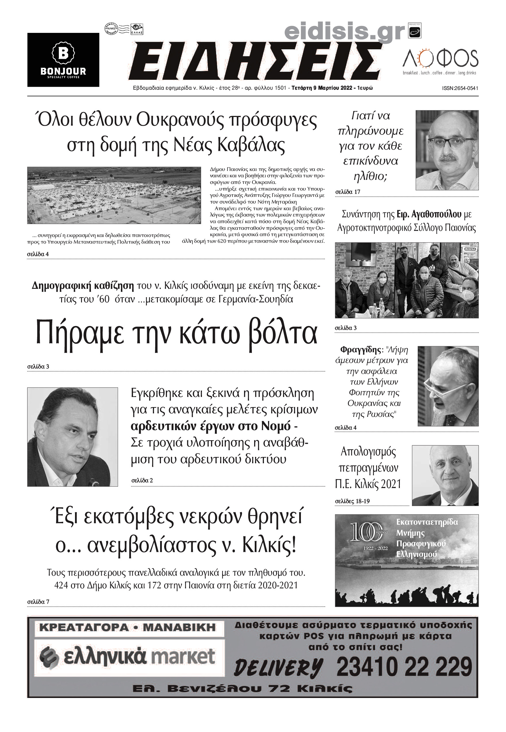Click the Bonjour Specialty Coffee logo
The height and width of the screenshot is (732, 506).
63,60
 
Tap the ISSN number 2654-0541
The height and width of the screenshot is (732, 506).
460,89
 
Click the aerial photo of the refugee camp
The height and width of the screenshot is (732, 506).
114,195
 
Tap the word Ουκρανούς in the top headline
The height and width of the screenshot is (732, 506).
180,120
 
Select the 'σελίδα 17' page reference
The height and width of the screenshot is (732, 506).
348,192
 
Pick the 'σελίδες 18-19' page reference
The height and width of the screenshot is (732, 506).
352,501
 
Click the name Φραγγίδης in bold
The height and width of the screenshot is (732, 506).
361,350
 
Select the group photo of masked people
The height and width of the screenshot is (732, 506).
406,280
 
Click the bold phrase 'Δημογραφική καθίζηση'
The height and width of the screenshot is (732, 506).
83,285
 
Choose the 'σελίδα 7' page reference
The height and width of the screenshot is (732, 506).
38,601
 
